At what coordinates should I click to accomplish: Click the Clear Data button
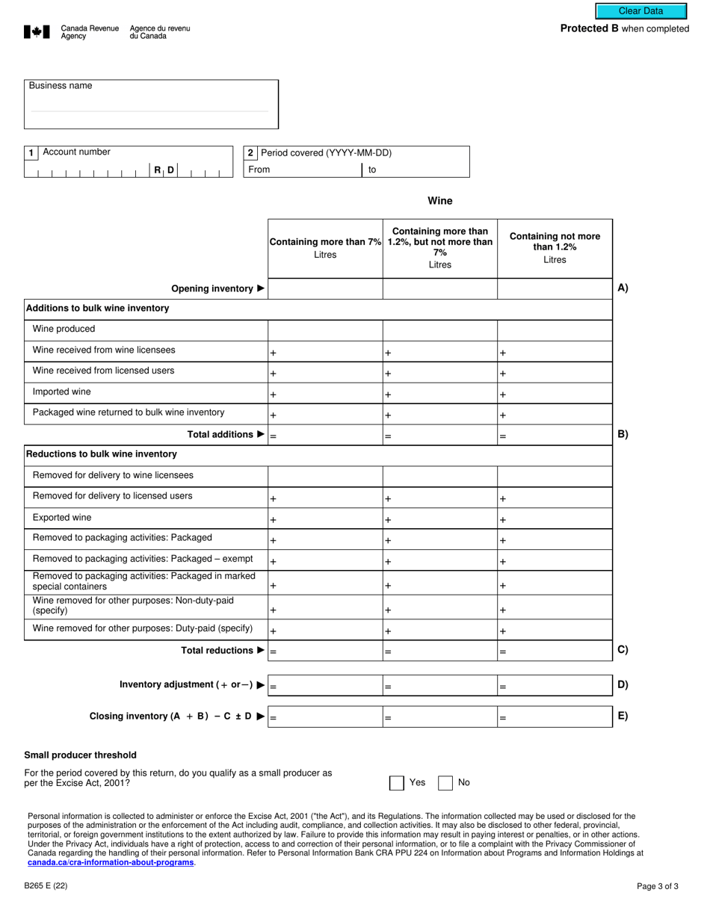coord(640,11)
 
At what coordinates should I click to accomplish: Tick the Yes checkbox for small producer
coord(396,783)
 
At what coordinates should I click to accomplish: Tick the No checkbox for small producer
coord(445,783)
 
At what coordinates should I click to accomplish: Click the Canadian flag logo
coord(37,32)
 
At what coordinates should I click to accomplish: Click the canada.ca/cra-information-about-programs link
coord(111,862)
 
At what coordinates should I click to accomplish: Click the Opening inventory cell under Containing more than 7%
coord(325,288)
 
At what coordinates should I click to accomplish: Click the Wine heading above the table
coord(439,201)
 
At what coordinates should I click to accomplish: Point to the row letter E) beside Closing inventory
coord(623,716)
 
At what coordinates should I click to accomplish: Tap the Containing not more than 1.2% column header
coord(555,248)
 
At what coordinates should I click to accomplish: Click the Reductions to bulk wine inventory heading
coord(102,454)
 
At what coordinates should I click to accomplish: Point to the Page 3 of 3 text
coord(657,887)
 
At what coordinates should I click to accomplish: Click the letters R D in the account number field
coord(164,170)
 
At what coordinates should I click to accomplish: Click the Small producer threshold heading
coord(80,755)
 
